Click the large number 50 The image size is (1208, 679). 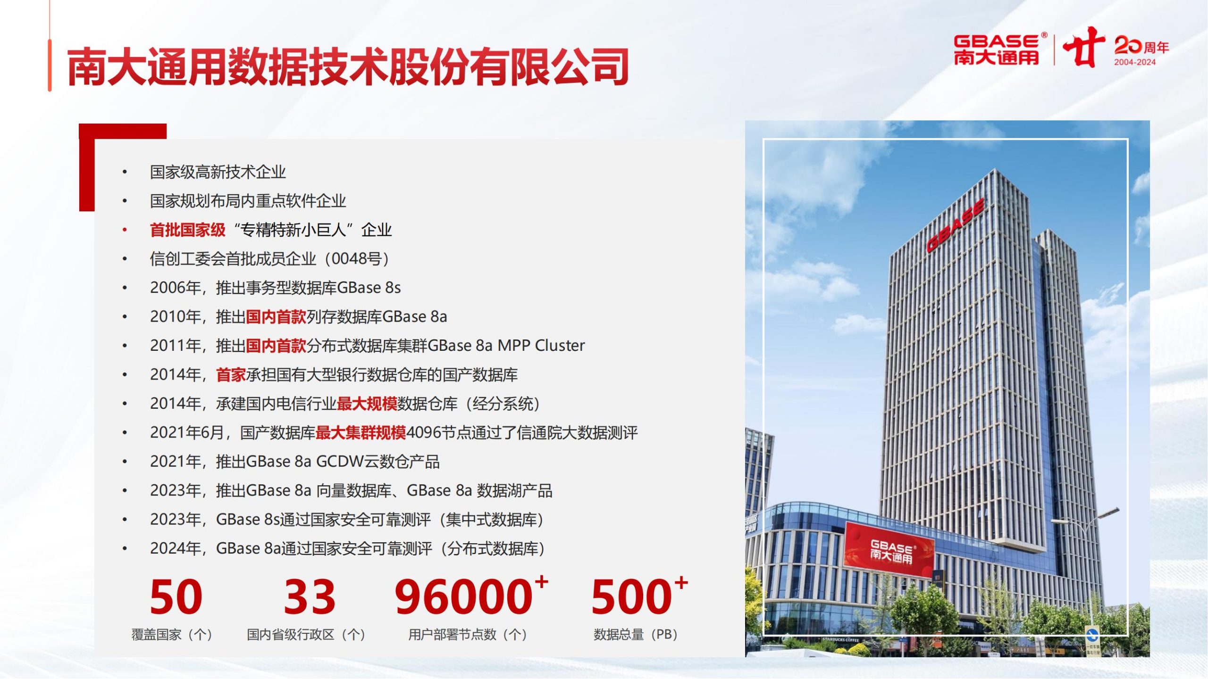tap(176, 596)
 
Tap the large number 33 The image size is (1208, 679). tap(310, 596)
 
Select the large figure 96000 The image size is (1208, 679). tap(464, 596)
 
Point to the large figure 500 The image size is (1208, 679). tap(631, 596)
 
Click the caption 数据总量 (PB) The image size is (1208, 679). tap(636, 635)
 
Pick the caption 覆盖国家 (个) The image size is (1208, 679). tap(172, 635)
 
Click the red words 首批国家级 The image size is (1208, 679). tap(188, 230)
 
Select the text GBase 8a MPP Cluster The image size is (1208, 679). tap(506, 346)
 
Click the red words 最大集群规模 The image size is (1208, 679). tap(361, 432)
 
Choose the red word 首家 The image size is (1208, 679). tap(231, 375)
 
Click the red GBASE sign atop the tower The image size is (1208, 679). tap(955, 225)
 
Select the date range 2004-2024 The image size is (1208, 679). tap(1135, 62)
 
